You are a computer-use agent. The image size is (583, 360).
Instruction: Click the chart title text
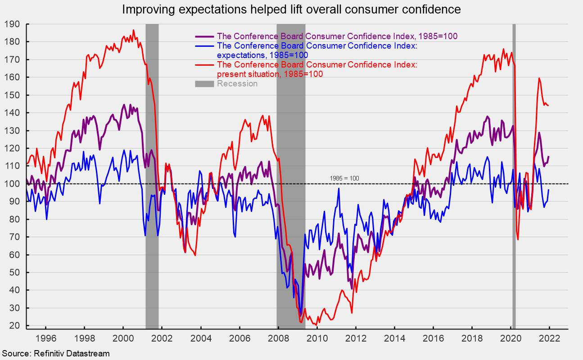(292, 9)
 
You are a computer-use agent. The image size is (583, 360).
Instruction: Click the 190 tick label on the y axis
(12, 24)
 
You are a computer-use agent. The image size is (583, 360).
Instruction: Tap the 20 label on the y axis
(14, 325)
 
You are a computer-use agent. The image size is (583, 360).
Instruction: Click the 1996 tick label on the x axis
(45, 338)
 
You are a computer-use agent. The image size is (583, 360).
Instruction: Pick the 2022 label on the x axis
(549, 338)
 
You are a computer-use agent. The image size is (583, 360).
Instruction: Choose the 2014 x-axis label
(394, 338)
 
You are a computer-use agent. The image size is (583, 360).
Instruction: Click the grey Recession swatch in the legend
(204, 84)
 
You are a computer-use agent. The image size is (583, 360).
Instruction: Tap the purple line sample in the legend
(204, 36)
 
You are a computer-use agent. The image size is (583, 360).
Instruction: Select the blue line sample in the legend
(204, 46)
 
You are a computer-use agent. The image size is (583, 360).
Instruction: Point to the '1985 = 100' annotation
(344, 178)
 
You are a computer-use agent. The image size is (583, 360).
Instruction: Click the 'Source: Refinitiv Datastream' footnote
(56, 354)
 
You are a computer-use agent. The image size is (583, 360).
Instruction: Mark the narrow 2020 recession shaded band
(514, 176)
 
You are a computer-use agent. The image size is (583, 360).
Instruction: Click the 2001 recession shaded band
(152, 176)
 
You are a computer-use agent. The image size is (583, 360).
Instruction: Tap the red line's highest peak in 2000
(134, 30)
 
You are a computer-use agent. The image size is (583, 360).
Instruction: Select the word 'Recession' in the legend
(237, 84)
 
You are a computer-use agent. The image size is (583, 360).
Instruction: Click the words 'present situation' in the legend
(248, 74)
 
